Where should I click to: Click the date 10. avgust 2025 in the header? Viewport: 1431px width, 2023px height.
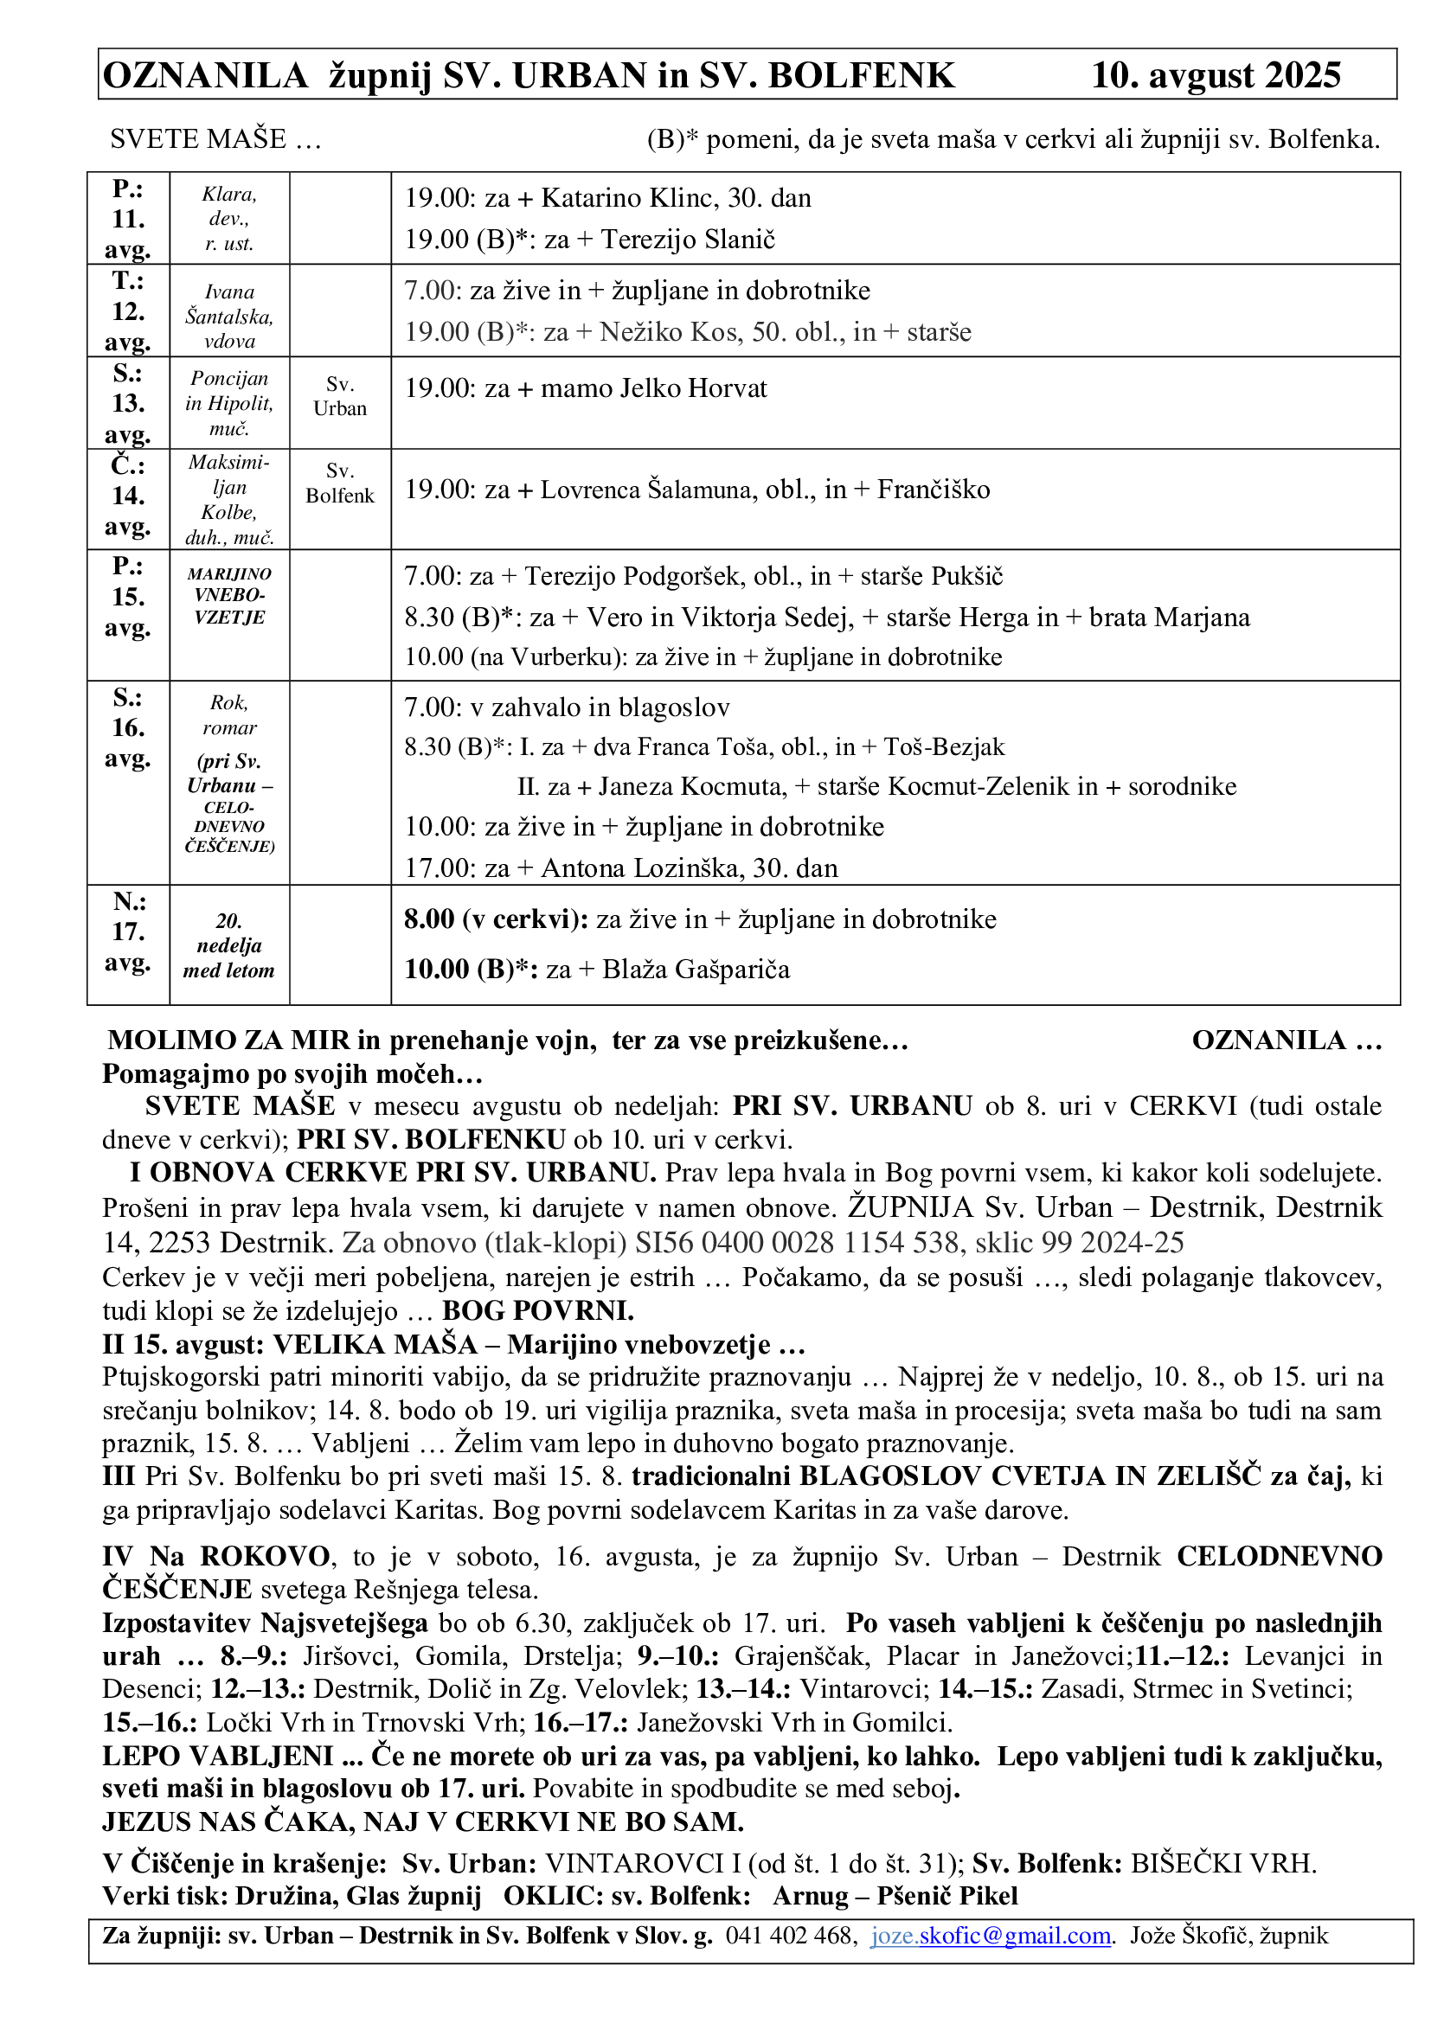click(1215, 76)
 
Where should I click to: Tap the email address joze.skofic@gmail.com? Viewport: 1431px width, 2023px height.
click(991, 1936)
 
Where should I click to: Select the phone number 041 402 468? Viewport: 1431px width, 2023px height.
click(790, 1936)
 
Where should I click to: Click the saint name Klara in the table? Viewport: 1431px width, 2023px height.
click(228, 195)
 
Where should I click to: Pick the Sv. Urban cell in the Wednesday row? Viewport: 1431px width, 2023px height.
click(339, 396)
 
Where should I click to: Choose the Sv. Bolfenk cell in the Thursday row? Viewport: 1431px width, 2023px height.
click(339, 483)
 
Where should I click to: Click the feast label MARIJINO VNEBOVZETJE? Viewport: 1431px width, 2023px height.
click(229, 596)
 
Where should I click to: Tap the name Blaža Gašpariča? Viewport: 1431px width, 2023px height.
click(696, 970)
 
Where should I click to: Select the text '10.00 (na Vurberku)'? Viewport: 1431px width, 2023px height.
click(516, 657)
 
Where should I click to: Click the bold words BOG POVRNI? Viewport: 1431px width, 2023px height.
click(537, 1311)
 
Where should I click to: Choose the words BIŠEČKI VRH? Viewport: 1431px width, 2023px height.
click(1223, 1864)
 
